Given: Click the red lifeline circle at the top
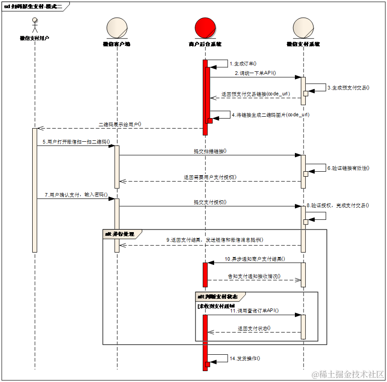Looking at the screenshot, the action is click(x=205, y=28).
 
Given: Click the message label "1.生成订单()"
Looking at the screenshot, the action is click(x=244, y=64).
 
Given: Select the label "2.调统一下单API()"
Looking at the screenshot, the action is click(x=255, y=73).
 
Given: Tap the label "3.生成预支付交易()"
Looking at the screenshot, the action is click(x=348, y=88).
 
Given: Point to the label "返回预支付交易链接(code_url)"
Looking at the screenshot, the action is click(x=256, y=94).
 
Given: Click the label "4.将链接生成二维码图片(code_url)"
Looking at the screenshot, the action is click(x=270, y=115).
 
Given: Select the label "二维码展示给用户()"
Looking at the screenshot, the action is click(x=120, y=124).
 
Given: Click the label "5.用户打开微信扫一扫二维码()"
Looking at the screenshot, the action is click(x=77, y=142).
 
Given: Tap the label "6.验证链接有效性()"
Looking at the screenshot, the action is click(x=348, y=168).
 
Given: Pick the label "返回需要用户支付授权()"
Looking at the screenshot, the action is click(x=210, y=177).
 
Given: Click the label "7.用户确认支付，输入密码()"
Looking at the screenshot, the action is click(x=76, y=195).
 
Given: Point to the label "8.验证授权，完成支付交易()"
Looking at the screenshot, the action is click(x=338, y=205).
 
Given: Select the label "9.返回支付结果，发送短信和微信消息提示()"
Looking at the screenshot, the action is click(x=215, y=240).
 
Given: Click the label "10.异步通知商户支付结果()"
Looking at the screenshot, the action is click(x=255, y=259).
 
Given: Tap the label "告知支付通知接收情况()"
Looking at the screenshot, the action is click(x=254, y=276).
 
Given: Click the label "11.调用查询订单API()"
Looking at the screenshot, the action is click(x=254, y=311).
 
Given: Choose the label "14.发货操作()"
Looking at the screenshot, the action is click(x=245, y=358).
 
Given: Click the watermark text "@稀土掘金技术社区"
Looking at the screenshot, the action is click(x=347, y=373).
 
